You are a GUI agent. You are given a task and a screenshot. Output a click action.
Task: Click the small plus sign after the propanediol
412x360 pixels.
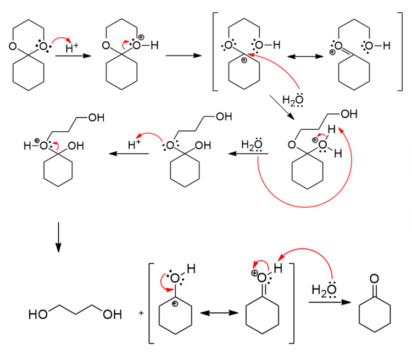(141, 314)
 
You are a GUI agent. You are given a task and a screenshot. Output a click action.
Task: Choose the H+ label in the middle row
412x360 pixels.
(134, 145)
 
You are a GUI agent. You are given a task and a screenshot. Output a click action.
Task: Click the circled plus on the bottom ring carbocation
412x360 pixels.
(175, 302)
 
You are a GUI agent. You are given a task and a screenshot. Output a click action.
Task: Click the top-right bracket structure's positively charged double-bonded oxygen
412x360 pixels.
(338, 46)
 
